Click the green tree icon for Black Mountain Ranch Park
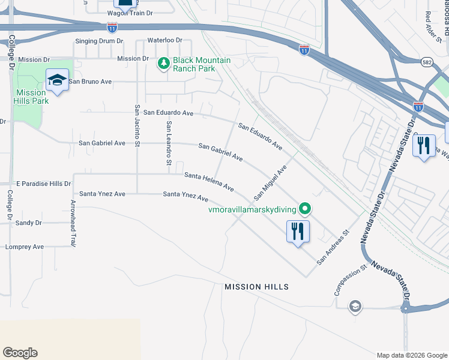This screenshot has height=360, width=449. pyautogui.click(x=163, y=63)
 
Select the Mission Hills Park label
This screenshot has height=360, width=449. pyautogui.click(x=31, y=97)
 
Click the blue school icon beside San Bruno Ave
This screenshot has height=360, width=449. pyautogui.click(x=57, y=80)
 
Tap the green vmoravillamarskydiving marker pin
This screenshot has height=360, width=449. pyautogui.click(x=306, y=209)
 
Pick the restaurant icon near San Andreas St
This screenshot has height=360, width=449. pyautogui.click(x=298, y=231)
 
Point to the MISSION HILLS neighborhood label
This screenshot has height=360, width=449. pyautogui.click(x=256, y=287)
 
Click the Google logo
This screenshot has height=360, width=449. pyautogui.click(x=20, y=353)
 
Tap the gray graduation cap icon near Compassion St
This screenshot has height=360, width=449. pyautogui.click(x=355, y=307)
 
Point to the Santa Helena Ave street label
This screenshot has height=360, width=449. pyautogui.click(x=209, y=181)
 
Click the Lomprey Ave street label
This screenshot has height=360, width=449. pyautogui.click(x=25, y=247)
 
